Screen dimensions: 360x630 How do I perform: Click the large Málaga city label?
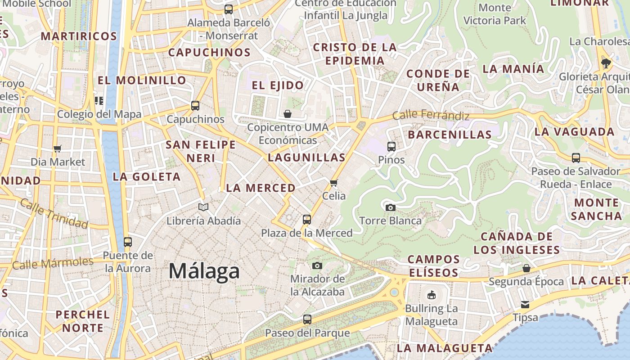(204, 271)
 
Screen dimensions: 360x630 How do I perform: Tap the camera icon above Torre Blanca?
(391, 207)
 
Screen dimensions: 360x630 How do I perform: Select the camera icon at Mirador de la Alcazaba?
(317, 265)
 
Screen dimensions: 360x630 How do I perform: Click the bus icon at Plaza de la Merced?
(307, 220)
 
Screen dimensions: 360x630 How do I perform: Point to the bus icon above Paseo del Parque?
(307, 319)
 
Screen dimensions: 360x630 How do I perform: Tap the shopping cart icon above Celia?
(334, 183)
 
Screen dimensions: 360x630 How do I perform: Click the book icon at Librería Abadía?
(203, 207)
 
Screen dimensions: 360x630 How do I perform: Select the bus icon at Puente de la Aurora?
(128, 242)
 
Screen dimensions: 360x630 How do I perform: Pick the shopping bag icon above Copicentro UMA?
(288, 114)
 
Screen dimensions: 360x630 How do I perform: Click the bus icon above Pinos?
(391, 146)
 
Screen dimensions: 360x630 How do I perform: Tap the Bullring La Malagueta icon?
(432, 295)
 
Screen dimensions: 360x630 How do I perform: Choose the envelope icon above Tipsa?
(525, 305)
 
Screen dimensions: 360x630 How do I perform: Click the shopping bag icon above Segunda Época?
(526, 269)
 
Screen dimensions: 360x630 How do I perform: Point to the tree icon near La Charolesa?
(606, 63)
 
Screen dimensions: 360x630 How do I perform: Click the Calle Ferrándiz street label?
(431, 115)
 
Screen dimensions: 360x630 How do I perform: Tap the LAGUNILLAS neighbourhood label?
(306, 157)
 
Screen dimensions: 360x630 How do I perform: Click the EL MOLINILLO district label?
(142, 81)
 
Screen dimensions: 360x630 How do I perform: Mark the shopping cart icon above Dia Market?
(58, 148)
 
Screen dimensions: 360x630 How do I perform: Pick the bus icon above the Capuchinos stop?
(195, 106)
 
